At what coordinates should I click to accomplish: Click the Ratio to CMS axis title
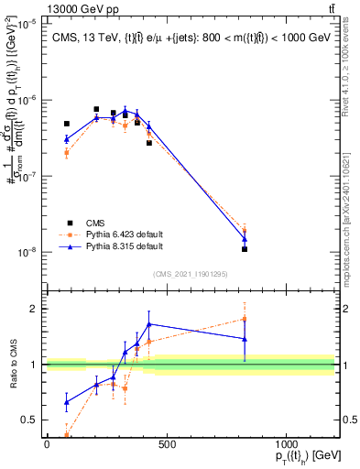tap(14, 365)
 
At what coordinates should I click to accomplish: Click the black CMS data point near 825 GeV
tap(245, 249)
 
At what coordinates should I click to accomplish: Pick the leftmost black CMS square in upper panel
tap(67, 124)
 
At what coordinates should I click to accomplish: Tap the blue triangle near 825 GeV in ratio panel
tap(245, 339)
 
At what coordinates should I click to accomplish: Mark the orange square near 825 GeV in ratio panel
tap(245, 319)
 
